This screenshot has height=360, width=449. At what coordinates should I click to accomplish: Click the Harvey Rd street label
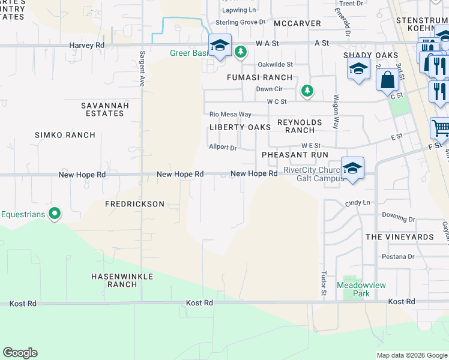pyautogui.click(x=86, y=45)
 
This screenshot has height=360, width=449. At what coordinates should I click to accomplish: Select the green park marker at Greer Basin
pyautogui.click(x=240, y=53)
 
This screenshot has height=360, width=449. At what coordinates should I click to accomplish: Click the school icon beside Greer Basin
pyautogui.click(x=220, y=46)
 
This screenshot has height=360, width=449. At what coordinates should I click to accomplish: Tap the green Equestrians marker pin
pyautogui.click(x=54, y=213)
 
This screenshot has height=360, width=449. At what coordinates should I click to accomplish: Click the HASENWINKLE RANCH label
pyautogui.click(x=122, y=280)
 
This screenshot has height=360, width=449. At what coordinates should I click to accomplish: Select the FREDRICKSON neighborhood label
pyautogui.click(x=134, y=204)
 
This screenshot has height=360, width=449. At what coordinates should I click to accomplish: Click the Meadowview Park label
pyautogui.click(x=353, y=290)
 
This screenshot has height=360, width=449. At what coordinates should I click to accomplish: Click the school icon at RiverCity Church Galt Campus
pyautogui.click(x=352, y=167)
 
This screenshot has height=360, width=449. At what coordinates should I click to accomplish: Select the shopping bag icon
pyautogui.click(x=387, y=79)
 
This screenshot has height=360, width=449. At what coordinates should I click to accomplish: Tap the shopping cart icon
pyautogui.click(x=440, y=128)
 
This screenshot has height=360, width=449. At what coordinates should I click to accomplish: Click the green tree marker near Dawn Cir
pyautogui.click(x=307, y=91)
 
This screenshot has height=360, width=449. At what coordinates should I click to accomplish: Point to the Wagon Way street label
pyautogui.click(x=336, y=112)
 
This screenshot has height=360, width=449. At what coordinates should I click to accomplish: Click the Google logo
pyautogui.click(x=20, y=353)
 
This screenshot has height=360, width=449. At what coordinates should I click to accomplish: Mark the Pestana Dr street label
pyautogui.click(x=398, y=257)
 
